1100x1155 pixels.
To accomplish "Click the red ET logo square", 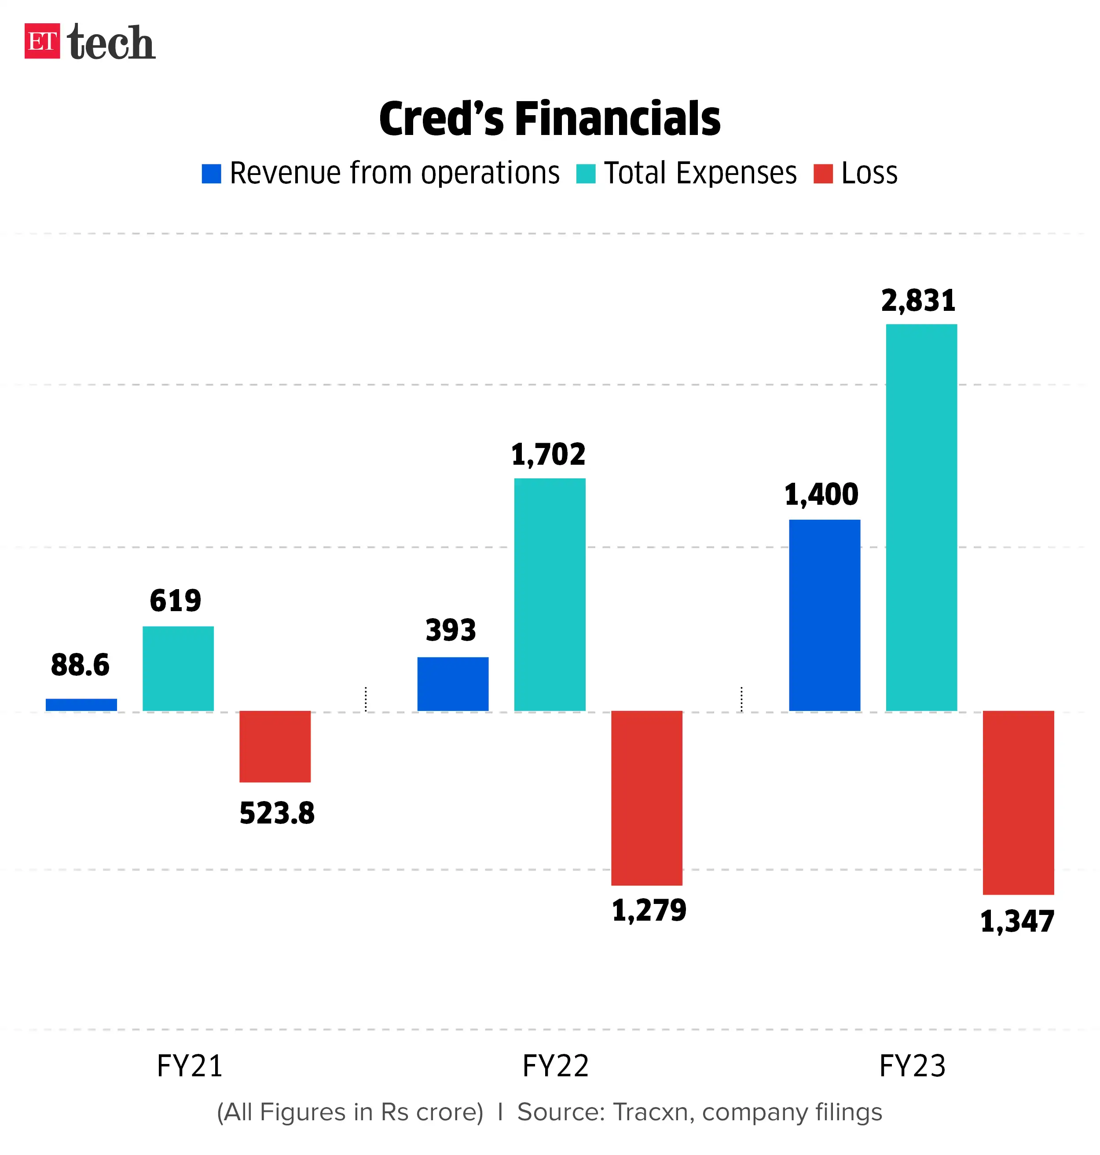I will [42, 41].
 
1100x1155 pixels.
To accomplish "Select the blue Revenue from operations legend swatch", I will [211, 174].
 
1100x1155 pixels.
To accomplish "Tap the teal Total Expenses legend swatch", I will [585, 174].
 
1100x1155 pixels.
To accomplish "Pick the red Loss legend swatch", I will [823, 174].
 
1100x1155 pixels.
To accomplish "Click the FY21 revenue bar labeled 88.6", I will [81, 704].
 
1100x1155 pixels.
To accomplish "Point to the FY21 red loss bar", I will [275, 746].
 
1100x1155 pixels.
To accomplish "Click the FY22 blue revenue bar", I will [453, 683].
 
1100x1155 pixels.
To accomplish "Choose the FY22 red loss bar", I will [646, 798].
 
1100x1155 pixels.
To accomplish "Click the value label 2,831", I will [918, 301].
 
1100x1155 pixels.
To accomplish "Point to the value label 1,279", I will [649, 910].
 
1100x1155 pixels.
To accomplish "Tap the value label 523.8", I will [277, 813].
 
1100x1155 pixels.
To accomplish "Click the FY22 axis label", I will [555, 1065].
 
